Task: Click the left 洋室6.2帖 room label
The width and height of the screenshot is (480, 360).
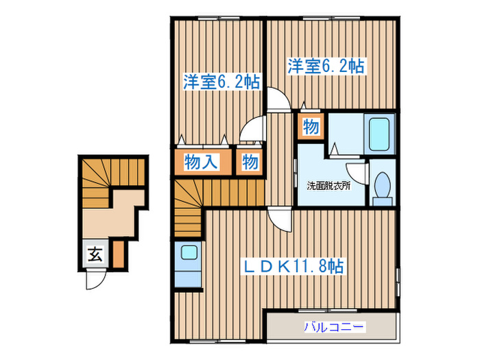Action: click(221, 82)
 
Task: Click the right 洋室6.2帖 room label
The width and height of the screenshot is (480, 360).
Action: click(325, 67)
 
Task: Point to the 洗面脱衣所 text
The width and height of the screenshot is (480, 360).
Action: click(328, 184)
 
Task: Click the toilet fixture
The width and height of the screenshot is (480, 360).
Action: click(383, 187)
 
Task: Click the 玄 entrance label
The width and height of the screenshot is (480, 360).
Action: click(94, 256)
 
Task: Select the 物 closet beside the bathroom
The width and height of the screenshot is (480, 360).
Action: click(310, 128)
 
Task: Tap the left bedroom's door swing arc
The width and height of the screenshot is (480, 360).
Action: click(255, 128)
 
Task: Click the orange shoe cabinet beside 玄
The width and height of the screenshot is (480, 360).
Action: click(118, 254)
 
